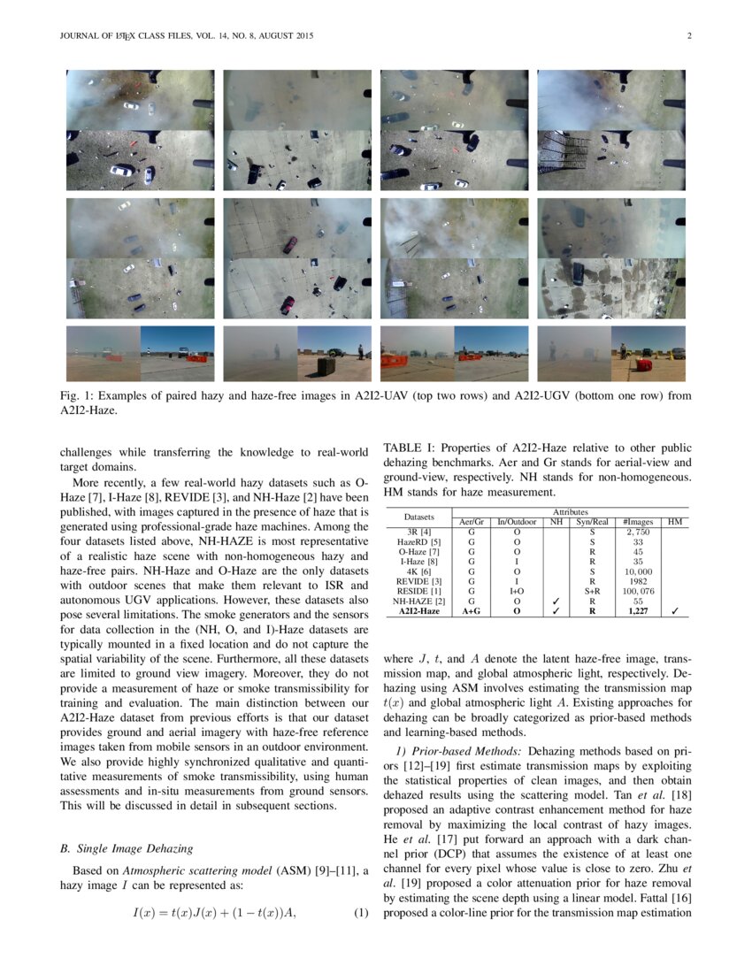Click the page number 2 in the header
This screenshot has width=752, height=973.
[688, 35]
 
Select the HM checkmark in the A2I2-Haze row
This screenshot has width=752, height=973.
[674, 610]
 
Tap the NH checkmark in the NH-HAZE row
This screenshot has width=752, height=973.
[556, 600]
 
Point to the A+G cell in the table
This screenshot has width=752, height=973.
[472, 610]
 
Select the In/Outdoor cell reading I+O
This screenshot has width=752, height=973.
[516, 590]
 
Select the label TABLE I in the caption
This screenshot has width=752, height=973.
[404, 448]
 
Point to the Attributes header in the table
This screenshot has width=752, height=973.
[570, 512]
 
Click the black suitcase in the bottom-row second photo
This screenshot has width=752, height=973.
[328, 365]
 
